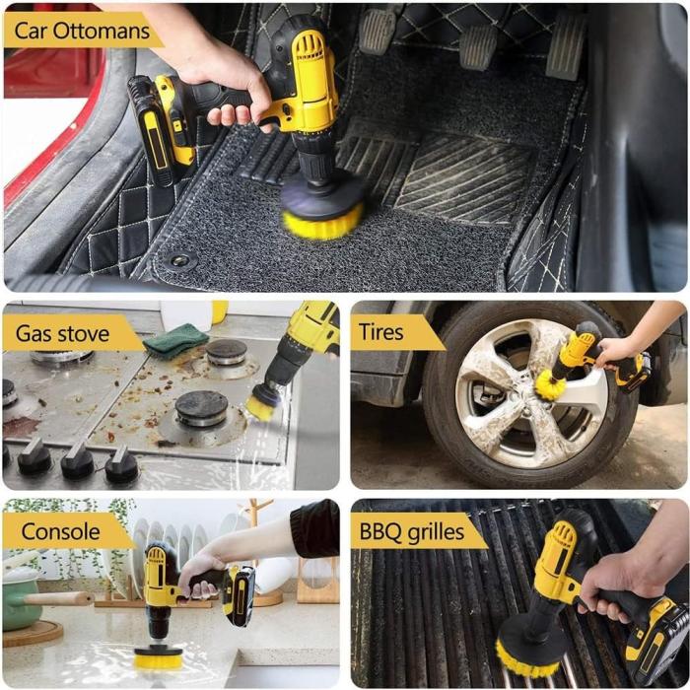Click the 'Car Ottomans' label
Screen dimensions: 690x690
(82, 31)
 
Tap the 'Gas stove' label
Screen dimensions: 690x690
(62, 333)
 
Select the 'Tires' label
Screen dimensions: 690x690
(380, 332)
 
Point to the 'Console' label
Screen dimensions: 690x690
(60, 531)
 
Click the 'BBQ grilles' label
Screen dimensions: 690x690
(412, 531)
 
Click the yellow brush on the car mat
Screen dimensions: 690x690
(322, 223)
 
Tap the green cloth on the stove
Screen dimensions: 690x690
(175, 340)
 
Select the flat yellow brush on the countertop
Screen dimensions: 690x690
(158, 660)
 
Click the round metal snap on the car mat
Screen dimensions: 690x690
(180, 260)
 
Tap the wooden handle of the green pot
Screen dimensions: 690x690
(57, 598)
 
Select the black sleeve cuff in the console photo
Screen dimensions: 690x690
(314, 528)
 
